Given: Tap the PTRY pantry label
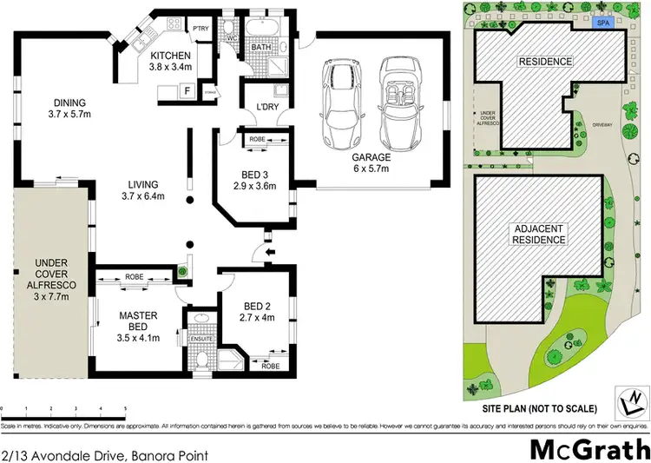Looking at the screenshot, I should click(201, 28).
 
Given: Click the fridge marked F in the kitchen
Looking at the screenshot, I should click(186, 89).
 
